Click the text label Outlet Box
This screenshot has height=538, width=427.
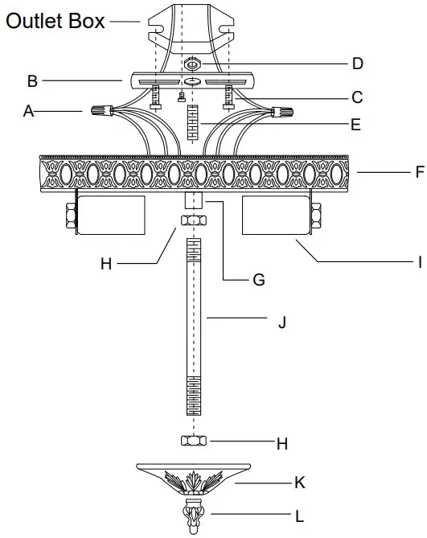tap(55, 20)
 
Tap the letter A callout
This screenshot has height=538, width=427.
tap(29, 113)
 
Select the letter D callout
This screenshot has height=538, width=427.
tap(357, 63)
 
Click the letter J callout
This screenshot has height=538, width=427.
tap(281, 322)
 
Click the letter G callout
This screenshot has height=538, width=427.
tap(258, 280)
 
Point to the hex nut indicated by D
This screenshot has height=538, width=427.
tap(192, 62)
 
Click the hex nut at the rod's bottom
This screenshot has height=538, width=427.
tap(193, 441)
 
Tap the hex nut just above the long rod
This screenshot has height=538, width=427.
tap(192, 221)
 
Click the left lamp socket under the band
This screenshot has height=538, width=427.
tap(110, 216)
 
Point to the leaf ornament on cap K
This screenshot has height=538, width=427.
tap(193, 483)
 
